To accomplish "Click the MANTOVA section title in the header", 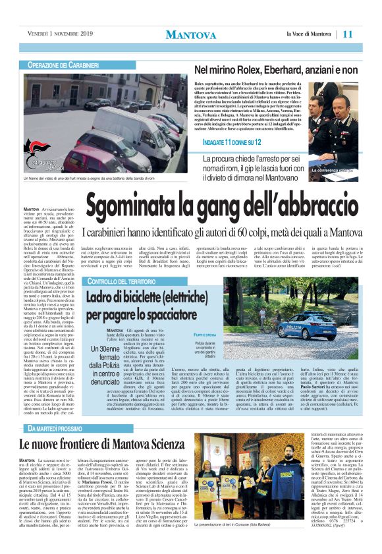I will pyautogui.click(x=190, y=34).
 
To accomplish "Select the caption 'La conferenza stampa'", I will pyautogui.click(x=333, y=171).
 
